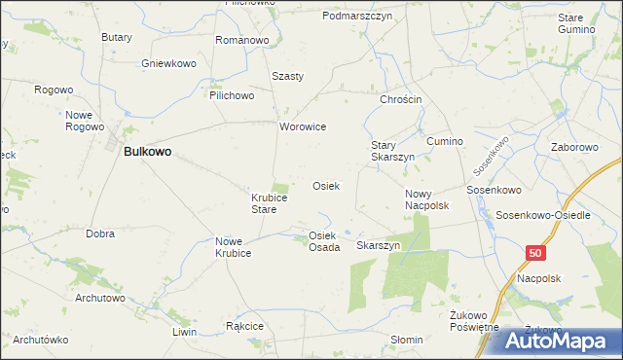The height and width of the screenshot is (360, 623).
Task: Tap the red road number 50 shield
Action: tap(536, 253)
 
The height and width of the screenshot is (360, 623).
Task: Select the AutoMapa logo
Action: tap(561, 341)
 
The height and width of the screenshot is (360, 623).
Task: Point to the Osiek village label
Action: tap(325, 186)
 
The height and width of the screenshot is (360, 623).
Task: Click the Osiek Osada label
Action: tap(324, 241)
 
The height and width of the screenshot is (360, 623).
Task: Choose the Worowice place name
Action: tap(303, 127)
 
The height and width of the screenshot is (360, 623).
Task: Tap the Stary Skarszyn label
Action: tap(392, 151)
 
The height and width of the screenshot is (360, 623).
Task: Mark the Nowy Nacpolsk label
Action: tap(425, 199)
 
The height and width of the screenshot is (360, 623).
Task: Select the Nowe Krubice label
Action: tap(234, 247)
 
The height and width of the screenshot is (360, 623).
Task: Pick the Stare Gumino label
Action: tap(576, 23)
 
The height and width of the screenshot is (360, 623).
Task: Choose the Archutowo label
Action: tap(99, 298)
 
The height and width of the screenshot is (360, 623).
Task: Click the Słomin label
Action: tap(406, 340)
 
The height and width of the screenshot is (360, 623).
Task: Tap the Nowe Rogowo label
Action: tap(85, 120)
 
